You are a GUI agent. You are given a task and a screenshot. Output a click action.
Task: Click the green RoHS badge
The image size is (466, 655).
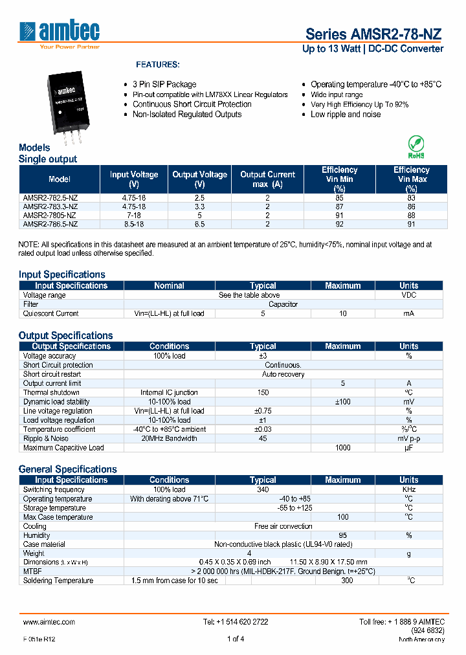pos(416,147)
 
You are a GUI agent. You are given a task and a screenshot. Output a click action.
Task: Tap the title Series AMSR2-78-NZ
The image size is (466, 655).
pos(374,34)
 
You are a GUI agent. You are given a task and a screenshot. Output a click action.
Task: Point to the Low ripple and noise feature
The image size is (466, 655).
pos(346,115)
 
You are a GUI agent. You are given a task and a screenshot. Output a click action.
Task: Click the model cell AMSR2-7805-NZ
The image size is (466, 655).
pos(50,215)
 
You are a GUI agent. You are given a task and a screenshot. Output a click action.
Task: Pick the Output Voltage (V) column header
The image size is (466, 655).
pos(199,179)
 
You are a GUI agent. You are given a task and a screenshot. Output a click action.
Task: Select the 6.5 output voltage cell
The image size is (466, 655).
pos(199,224)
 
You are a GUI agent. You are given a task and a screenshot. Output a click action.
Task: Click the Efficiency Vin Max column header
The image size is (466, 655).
pos(411,179)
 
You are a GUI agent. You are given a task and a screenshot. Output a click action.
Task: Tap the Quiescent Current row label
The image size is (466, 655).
pos(51,313)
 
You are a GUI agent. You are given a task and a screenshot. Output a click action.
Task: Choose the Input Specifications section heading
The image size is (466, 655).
pos(61,274)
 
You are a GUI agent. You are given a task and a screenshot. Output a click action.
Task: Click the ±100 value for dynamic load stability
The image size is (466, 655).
pos(342,402)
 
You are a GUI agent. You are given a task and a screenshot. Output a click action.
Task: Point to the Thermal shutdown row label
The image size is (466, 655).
pos(52,393)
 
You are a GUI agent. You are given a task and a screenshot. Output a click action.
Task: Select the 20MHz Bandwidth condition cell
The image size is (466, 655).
pos(169,439)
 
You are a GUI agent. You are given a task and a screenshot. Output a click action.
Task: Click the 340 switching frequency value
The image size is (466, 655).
pos(263,490)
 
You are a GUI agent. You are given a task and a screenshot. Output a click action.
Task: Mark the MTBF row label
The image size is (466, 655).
pos(32,572)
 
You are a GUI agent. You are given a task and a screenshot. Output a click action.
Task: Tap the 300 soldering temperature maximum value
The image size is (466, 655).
pos(342,581)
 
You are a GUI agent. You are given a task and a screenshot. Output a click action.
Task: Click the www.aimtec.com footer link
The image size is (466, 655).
pos(49,622)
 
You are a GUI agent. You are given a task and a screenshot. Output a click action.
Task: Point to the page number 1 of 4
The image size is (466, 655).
pos(236,639)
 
